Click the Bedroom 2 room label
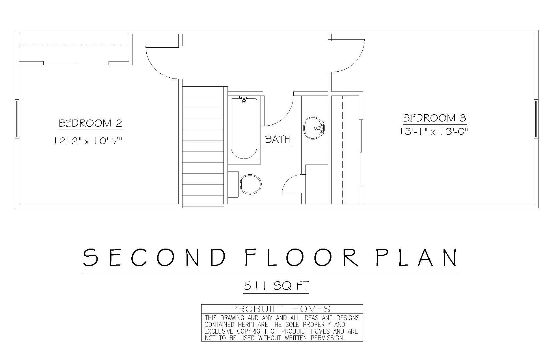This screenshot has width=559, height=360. pos(90,123)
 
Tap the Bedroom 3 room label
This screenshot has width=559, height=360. pos(435,118)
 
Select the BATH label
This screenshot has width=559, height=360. pos(278,139)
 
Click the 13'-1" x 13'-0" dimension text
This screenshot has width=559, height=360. pos(434,132)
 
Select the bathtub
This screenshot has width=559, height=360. pos(244,128)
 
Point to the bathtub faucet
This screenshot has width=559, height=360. pos(244,99)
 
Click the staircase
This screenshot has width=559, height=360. pos(203,146)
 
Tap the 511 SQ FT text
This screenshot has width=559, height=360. pos(277,286)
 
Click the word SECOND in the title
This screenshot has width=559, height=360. pos(154,257)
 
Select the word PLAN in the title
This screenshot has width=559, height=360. pos(417,257)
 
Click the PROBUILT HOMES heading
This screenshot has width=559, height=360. pos(280,309)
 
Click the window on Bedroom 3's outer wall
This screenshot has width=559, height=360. pos(536,119)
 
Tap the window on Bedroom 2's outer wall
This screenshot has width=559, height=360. pos(17,119)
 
